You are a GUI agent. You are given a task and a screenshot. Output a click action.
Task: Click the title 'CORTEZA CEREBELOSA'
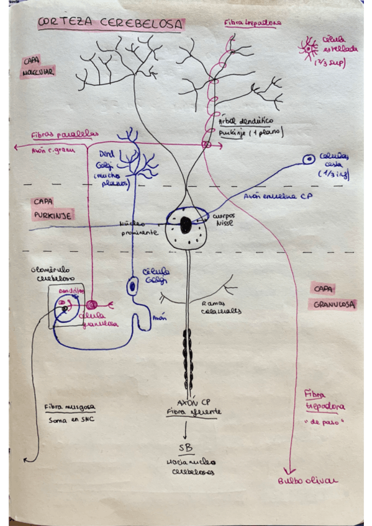[111, 24]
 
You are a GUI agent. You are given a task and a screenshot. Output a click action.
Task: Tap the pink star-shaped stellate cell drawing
[309, 47]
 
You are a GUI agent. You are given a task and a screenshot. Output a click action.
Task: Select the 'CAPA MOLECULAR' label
[37, 67]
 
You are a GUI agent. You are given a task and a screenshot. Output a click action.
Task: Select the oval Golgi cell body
[132, 287]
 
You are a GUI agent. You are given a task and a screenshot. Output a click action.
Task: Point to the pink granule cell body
[92, 305]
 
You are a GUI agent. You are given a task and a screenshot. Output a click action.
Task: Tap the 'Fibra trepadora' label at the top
[253, 23]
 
